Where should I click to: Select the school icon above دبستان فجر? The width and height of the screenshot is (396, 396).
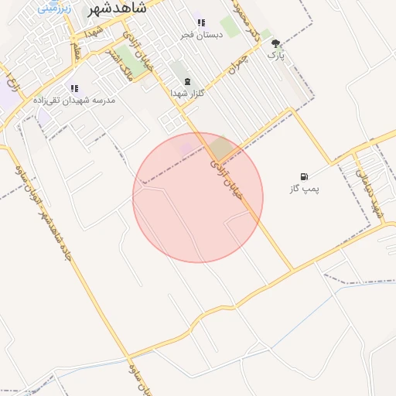(x=201, y=23)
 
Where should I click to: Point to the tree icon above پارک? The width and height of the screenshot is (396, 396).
(x=276, y=44)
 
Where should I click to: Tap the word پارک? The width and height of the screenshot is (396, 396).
(x=276, y=56)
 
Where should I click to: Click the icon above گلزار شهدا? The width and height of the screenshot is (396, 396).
(x=186, y=81)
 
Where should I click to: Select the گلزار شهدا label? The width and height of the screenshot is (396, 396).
(x=187, y=93)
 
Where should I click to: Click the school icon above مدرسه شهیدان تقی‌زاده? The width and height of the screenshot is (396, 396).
(x=73, y=89)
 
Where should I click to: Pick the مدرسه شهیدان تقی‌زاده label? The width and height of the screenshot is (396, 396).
(x=73, y=101)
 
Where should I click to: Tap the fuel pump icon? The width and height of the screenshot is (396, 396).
(x=303, y=176)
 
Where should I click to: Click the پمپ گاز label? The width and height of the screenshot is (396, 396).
(x=304, y=188)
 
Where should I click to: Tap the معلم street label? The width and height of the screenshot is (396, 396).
(x=76, y=51)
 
